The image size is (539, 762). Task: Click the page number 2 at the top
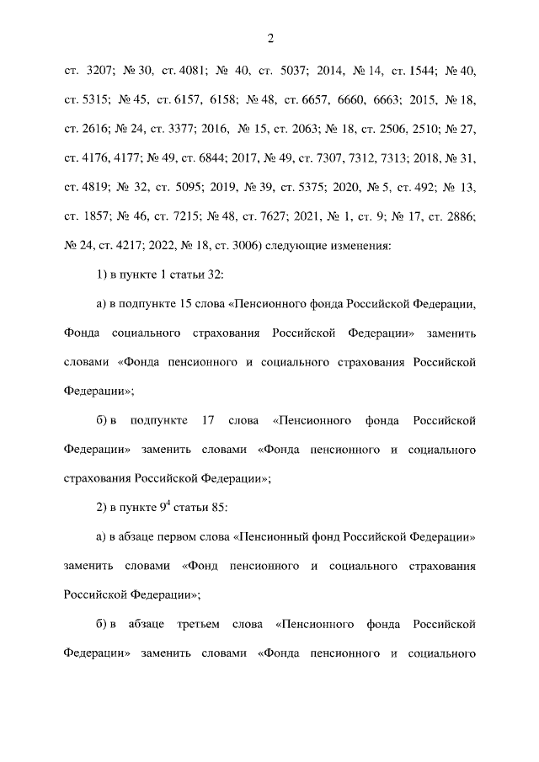270,38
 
